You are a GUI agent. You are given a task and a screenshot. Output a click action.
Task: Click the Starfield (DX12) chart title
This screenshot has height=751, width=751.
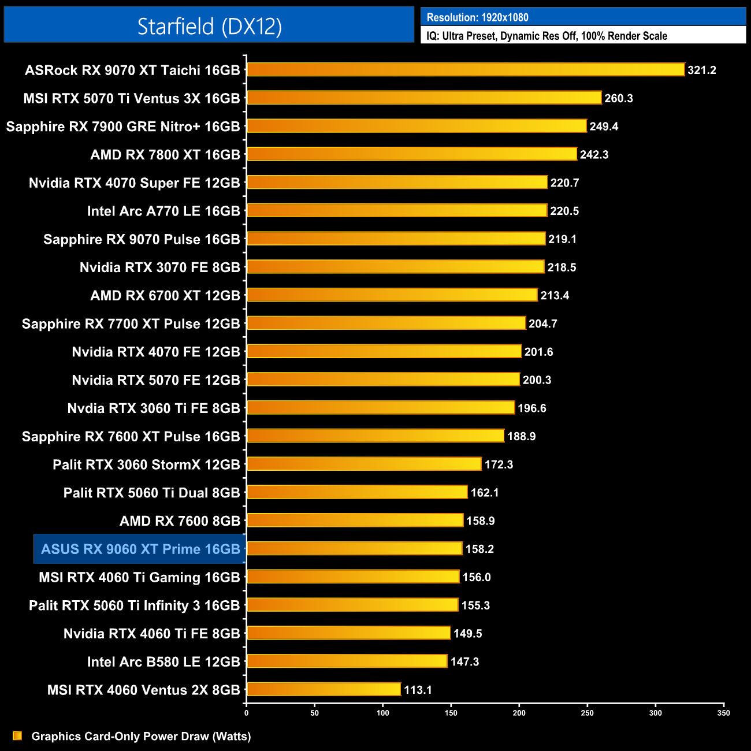point(209,26)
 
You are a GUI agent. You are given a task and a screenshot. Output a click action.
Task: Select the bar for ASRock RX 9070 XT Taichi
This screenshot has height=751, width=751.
point(466,70)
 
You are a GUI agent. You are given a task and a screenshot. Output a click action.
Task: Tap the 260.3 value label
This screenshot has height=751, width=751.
point(619,98)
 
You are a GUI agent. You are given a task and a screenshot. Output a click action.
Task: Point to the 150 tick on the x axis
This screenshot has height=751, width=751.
point(451,713)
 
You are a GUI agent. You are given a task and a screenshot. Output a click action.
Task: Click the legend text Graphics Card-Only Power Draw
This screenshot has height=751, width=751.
point(141,736)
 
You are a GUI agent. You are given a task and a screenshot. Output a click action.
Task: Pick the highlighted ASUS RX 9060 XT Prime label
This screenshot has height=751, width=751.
point(140,549)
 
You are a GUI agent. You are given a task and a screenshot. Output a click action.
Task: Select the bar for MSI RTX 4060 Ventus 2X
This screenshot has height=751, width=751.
point(324,689)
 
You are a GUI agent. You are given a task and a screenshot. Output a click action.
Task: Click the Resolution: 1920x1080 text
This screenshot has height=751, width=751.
point(477,17)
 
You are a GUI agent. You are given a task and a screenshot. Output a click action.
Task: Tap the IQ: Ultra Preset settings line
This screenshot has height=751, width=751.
point(546,36)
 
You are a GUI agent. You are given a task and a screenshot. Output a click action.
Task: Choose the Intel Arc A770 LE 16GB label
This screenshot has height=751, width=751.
point(163,211)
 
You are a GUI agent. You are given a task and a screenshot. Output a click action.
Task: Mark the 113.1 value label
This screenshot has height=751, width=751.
point(418,690)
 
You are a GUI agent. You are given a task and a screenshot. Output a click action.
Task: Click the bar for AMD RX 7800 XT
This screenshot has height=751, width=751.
point(412,154)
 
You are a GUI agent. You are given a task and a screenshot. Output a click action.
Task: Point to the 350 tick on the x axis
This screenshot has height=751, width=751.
point(723,713)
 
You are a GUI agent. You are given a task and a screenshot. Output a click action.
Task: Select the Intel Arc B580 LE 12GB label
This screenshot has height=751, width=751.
point(163,661)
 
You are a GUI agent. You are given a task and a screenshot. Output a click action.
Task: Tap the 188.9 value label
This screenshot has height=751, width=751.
point(521,436)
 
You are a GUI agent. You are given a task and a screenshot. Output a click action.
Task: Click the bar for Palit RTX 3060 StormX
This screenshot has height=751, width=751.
point(364,464)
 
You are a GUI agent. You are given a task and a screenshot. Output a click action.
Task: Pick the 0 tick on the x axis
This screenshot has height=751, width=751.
point(247,713)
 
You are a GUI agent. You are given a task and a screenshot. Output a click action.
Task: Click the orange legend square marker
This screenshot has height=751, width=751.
point(17,735)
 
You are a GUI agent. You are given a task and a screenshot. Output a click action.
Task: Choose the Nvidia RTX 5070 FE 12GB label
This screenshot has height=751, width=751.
point(156,380)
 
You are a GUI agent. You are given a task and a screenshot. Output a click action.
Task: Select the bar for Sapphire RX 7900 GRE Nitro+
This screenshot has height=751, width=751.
point(417,126)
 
